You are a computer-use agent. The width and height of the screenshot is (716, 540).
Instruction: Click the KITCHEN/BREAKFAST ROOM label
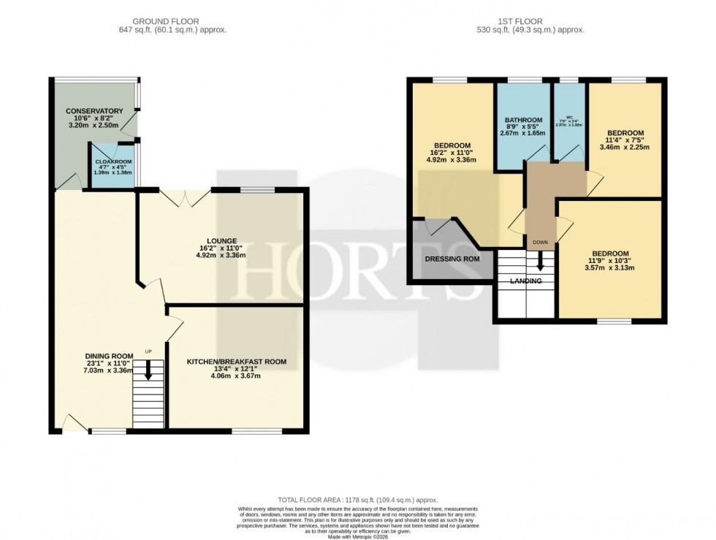pos(236,361)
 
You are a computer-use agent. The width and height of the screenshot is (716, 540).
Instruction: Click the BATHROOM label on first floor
pos(523,120)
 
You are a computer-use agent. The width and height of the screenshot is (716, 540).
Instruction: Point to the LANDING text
pos(525,281)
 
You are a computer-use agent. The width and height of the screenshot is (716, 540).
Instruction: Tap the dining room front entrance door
pos(73,422)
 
